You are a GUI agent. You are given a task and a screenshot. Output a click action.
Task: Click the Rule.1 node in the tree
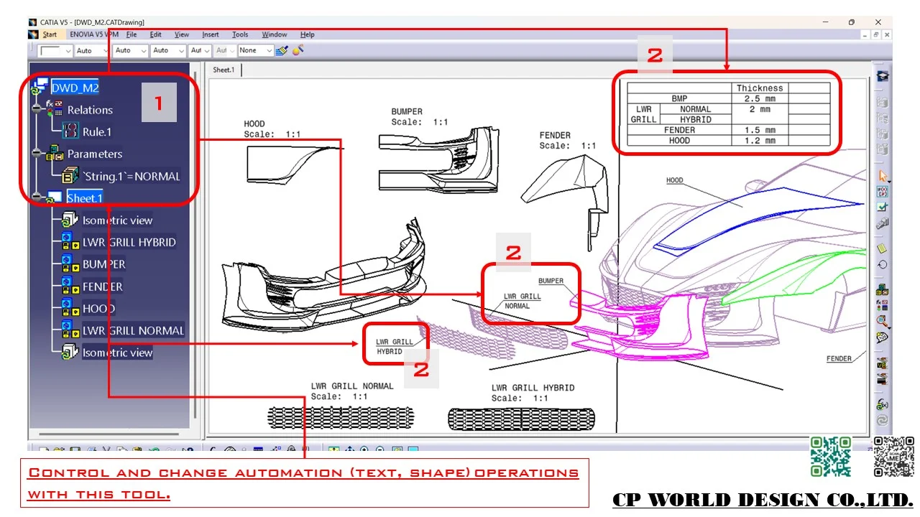pyautogui.click(x=96, y=132)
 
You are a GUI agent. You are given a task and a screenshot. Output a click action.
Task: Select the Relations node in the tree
pyautogui.click(x=90, y=110)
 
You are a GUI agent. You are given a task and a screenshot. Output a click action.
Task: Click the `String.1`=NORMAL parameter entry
pyautogui.click(x=131, y=176)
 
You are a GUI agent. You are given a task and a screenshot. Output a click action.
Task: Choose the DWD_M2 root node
pyautogui.click(x=75, y=88)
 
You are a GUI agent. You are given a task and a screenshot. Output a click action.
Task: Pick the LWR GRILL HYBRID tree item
pyautogui.click(x=129, y=242)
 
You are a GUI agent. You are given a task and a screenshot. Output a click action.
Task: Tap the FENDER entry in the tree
pyautogui.click(x=102, y=287)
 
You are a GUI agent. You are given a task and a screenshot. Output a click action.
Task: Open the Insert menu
pyautogui.click(x=211, y=34)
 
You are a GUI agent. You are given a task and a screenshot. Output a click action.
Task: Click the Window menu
pyautogui.click(x=274, y=34)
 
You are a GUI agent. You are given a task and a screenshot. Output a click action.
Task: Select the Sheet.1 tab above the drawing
pyautogui.click(x=223, y=70)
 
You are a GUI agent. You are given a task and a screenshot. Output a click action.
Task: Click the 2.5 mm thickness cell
pyautogui.click(x=760, y=98)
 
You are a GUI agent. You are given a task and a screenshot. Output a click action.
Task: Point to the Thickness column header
pyautogui.click(x=760, y=88)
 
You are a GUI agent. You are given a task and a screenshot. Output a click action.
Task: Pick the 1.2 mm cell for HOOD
pyautogui.click(x=760, y=141)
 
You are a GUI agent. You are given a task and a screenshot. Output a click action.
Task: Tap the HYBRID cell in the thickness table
pyautogui.click(x=695, y=120)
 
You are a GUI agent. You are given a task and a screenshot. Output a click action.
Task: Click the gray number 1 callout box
pyautogui.click(x=159, y=103)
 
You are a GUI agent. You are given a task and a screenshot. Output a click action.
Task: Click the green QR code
pyautogui.click(x=831, y=457)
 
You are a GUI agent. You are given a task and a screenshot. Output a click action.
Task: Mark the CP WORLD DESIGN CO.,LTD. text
pyautogui.click(x=763, y=500)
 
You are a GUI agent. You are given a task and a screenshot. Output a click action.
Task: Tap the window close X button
pyautogui.click(x=878, y=22)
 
